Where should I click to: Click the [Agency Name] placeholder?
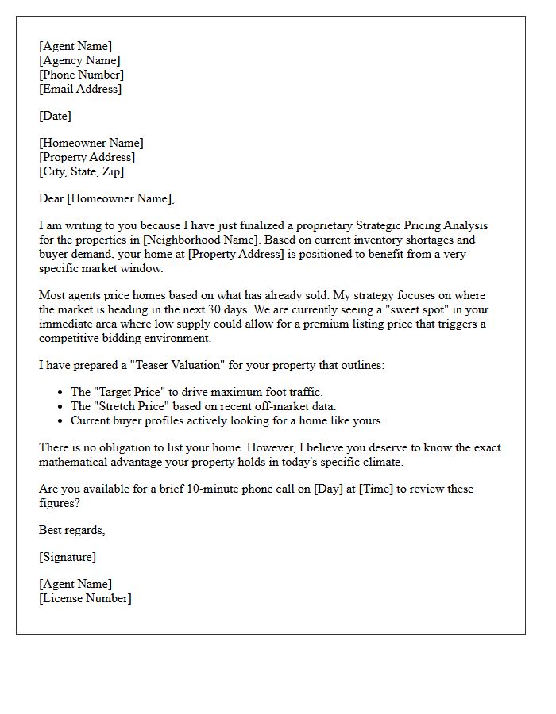click(x=79, y=60)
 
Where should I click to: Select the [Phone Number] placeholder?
click(x=81, y=75)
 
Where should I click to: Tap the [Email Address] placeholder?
click(x=80, y=89)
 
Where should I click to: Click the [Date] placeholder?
click(x=55, y=116)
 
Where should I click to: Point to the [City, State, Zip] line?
click(x=81, y=171)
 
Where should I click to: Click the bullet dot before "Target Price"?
click(x=60, y=392)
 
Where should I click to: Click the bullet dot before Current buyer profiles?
click(x=60, y=420)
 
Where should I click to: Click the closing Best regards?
click(x=71, y=530)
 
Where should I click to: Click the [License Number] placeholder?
click(x=85, y=598)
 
